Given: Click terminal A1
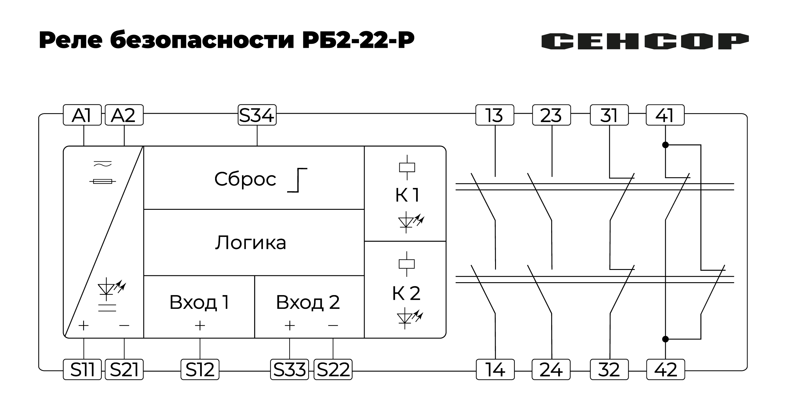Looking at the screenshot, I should click(x=82, y=115).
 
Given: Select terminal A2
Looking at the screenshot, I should click(x=124, y=115).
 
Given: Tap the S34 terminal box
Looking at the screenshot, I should click(x=257, y=115).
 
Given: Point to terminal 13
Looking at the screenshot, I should click(x=495, y=115).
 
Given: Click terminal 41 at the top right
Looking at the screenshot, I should click(x=665, y=115).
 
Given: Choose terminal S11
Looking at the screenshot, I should click(x=82, y=370).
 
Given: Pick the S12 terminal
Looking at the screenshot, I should click(x=200, y=370).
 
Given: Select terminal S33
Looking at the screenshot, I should click(x=289, y=370).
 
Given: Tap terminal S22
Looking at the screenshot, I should click(x=333, y=370).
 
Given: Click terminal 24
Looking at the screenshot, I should click(x=551, y=370).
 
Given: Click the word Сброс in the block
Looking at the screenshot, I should click(x=245, y=179).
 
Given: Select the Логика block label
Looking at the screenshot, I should click(x=251, y=243).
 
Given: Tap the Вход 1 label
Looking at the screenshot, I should click(x=199, y=302).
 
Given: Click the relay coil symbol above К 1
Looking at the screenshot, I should click(x=407, y=168).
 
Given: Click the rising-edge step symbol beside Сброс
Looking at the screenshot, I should click(x=297, y=180).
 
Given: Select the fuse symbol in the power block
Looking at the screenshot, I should click(x=103, y=182).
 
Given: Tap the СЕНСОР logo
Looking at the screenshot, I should click(x=645, y=41).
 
